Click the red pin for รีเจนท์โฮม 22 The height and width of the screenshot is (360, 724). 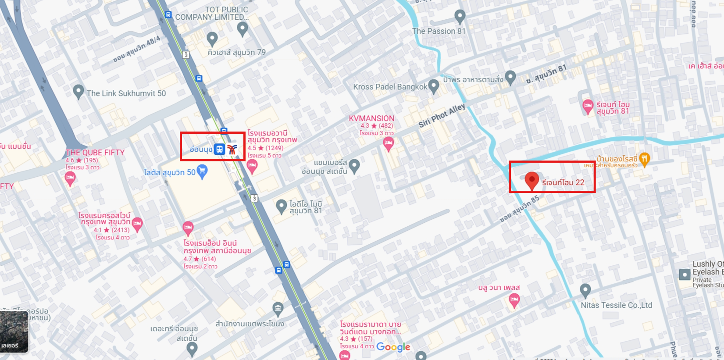click(x=531, y=180)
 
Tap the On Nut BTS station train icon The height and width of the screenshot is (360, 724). click(x=219, y=149)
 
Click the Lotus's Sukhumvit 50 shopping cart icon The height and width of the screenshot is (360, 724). click(x=202, y=171)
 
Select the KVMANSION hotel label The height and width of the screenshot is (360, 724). click(x=371, y=118)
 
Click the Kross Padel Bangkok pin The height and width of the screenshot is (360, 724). click(x=433, y=86)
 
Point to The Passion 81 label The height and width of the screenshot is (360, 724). click(x=439, y=31)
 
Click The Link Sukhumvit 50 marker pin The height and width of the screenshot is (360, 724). click(x=78, y=92)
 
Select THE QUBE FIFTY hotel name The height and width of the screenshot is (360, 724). click(x=95, y=153)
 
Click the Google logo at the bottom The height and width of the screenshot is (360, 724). click(x=393, y=347)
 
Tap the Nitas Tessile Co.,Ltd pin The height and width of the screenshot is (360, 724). click(x=585, y=290)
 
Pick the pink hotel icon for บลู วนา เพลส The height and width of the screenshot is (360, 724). click(x=514, y=300)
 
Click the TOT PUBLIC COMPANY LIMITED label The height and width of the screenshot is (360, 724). click(x=211, y=13)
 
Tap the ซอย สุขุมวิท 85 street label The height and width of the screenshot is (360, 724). click(x=520, y=209)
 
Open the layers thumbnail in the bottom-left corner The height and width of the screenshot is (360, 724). click(x=14, y=332)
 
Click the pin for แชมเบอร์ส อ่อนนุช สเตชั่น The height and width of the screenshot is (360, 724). click(x=354, y=166)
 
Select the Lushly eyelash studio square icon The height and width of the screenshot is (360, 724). click(x=685, y=274)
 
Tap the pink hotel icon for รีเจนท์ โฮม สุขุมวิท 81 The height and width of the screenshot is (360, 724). click(x=588, y=106)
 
